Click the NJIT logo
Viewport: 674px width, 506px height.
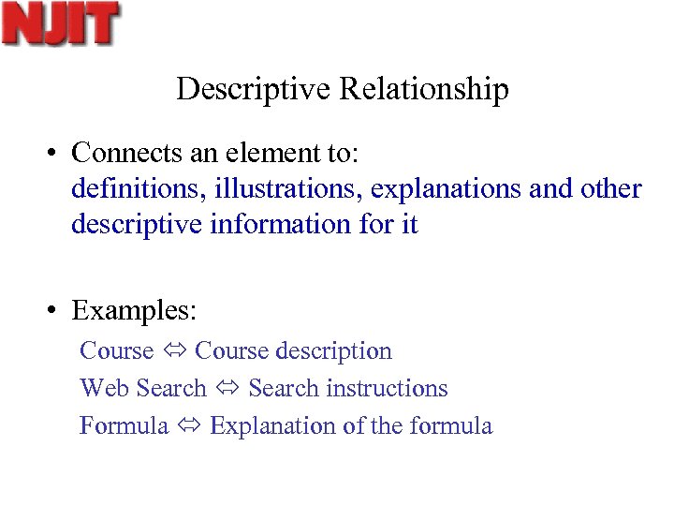tap(62, 23)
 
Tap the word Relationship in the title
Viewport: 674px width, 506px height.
tap(425, 90)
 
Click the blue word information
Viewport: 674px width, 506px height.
tap(286, 224)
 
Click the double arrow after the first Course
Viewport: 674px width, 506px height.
tap(174, 351)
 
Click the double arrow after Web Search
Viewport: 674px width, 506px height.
tap(227, 389)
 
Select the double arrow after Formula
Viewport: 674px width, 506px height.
tap(189, 426)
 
